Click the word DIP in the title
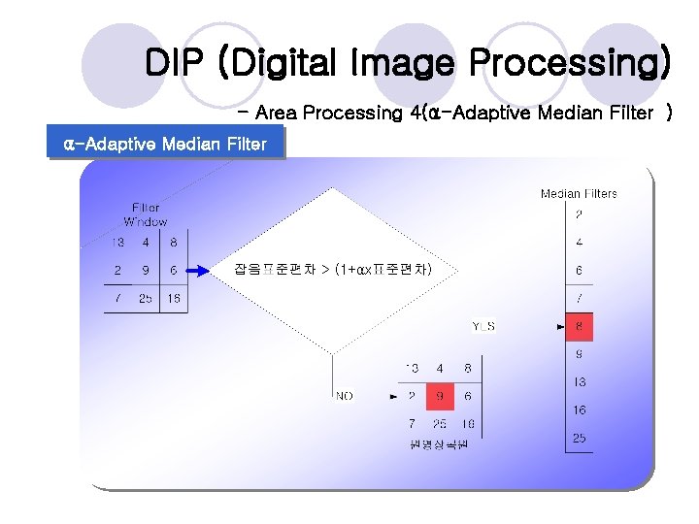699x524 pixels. [x=176, y=63]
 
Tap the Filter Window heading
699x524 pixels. [x=146, y=214]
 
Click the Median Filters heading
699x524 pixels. [x=579, y=194]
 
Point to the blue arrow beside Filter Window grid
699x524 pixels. [x=197, y=271]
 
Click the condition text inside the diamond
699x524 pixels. [x=333, y=269]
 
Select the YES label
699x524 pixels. [x=483, y=326]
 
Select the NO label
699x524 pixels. [x=345, y=396]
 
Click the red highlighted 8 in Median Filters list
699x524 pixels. [x=580, y=327]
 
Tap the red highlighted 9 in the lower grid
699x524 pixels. [x=440, y=396]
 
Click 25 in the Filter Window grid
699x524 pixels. [x=146, y=299]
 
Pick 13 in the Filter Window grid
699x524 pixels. [x=116, y=243]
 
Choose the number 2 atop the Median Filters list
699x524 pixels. [x=580, y=214]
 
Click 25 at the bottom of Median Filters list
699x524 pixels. [x=580, y=439]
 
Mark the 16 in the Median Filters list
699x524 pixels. [x=580, y=410]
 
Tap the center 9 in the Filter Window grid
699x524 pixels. [x=146, y=271]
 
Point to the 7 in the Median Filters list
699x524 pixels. [x=580, y=299]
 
